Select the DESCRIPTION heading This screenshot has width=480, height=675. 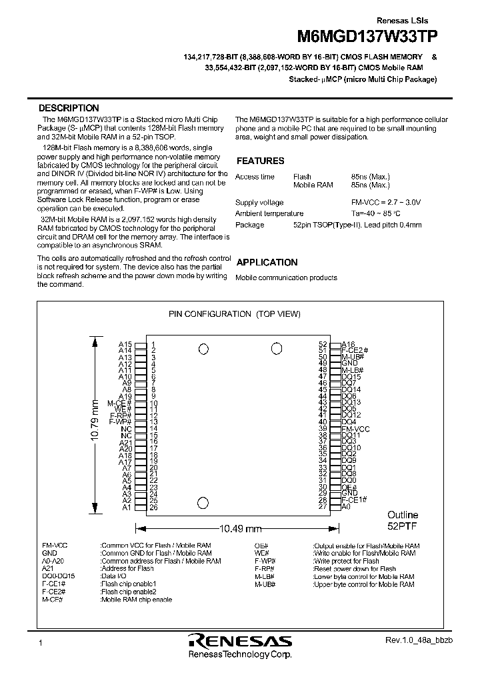[69, 108]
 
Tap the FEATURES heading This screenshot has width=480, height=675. [260, 161]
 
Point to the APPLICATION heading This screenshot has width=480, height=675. [267, 263]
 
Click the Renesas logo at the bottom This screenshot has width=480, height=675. [240, 641]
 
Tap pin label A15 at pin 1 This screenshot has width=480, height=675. [125, 344]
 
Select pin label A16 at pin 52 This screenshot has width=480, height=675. [349, 344]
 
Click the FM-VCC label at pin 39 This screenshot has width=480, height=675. [355, 429]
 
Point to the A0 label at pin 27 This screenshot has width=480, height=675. [346, 507]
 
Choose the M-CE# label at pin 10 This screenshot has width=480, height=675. [120, 404]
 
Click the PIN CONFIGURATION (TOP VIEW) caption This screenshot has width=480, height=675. [235, 313]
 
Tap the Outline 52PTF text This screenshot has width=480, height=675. [403, 520]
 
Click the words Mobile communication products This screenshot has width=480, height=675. [286, 277]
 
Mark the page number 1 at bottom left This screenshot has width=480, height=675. [41, 642]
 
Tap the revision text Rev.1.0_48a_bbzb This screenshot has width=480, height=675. [419, 640]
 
